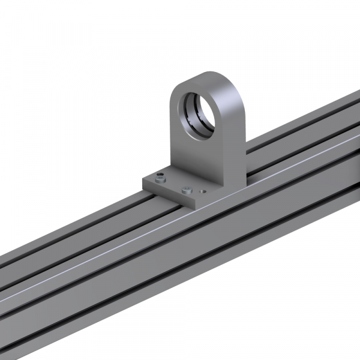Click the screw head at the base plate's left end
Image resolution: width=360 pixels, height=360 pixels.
[159, 178]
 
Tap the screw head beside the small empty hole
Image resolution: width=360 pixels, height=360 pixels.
[186, 190]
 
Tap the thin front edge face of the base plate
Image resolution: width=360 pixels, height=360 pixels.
[168, 194]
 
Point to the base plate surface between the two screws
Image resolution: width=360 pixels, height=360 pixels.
[173, 184]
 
